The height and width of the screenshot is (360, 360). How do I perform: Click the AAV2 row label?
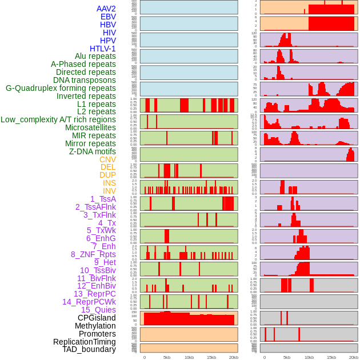106,9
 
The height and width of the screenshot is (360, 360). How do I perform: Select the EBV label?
108,17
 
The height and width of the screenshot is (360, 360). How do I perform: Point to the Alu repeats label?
95,56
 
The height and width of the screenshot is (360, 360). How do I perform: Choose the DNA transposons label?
85,80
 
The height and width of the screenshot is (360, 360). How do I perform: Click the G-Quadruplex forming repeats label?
61,88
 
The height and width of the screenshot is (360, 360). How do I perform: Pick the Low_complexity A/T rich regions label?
58,119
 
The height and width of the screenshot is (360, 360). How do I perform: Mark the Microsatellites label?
90,127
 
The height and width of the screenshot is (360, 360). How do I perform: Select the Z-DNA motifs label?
93,151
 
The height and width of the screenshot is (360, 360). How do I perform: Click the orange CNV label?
107,159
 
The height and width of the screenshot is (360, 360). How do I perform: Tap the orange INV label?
109,191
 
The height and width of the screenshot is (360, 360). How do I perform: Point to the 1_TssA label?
103,199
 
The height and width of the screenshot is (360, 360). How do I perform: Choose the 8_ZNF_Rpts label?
93,254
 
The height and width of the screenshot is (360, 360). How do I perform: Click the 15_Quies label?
98,310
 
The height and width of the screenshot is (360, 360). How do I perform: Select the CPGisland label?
97,318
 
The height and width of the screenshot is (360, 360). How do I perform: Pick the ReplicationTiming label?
84,342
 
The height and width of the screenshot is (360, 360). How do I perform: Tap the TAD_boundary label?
89,349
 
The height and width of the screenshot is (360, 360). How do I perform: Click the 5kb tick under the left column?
167,357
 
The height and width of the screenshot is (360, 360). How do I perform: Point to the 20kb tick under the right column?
354,357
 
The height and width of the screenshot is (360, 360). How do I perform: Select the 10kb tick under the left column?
189,357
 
